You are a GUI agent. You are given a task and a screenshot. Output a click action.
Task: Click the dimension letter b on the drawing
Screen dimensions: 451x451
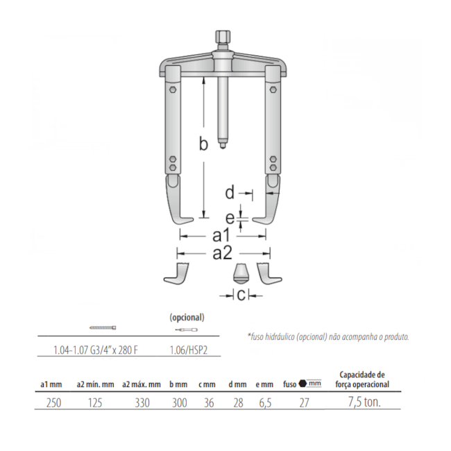click(x=203, y=144)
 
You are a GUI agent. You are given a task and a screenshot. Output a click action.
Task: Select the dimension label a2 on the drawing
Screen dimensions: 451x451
click(x=222, y=253)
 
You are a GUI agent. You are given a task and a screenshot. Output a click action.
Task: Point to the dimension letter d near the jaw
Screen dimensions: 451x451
click(x=230, y=191)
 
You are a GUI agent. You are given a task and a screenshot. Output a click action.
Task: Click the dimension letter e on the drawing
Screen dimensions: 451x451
click(x=230, y=218)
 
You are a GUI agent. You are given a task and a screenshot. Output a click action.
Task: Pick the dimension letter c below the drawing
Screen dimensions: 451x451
click(x=241, y=296)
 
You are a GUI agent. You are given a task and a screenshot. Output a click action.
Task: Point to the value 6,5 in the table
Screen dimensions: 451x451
click(x=266, y=402)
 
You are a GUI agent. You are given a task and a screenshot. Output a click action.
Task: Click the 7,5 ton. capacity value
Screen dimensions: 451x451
click(x=364, y=402)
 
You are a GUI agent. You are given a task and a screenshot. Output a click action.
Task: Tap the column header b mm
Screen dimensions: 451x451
click(x=180, y=384)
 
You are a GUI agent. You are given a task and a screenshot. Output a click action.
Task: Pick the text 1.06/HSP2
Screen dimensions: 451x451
click(x=187, y=350)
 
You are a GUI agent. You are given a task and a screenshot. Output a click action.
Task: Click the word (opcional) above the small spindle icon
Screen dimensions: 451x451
click(x=187, y=317)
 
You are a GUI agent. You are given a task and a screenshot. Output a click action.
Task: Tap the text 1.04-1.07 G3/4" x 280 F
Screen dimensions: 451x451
click(x=96, y=350)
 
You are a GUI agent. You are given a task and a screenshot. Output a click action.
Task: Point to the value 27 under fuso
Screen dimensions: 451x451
click(x=303, y=402)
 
